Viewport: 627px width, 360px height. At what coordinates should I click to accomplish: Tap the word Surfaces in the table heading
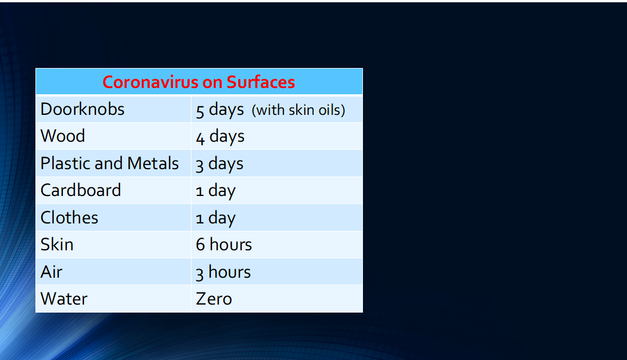pos(261,82)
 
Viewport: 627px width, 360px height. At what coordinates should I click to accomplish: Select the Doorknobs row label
pos(82,109)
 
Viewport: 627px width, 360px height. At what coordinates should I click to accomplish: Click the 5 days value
pos(219,110)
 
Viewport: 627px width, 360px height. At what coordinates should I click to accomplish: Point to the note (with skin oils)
pos(298,110)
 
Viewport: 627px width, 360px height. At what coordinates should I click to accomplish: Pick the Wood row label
pos(63,136)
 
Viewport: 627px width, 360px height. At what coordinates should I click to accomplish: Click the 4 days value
pos(220,137)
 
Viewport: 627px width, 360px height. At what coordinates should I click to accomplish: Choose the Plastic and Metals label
pos(110,163)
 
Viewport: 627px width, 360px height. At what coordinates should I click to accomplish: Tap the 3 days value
pos(219,165)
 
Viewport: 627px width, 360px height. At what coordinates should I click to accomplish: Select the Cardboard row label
pos(81,190)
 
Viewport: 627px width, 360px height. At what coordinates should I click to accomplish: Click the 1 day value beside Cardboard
pos(215,191)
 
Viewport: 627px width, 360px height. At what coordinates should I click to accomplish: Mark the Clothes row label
pos(70,218)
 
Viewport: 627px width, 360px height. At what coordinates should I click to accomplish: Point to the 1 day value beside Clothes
pos(215,219)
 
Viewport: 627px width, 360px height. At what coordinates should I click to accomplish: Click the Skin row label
pos(57,245)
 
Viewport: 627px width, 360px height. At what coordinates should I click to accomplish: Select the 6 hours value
pos(224,245)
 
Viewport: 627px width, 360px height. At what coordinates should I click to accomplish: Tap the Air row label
pos(51,272)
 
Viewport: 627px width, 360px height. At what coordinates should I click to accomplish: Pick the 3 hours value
pos(223,273)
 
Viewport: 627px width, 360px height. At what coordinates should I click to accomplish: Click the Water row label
pos(64,299)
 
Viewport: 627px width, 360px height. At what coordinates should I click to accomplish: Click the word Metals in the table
pos(153,163)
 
